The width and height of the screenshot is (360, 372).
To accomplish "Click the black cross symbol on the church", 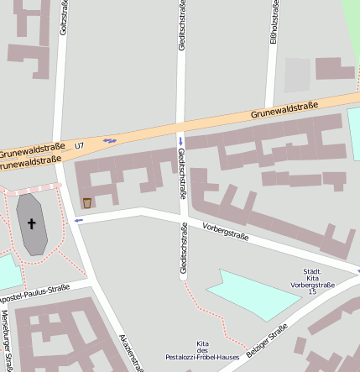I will [x=33, y=224].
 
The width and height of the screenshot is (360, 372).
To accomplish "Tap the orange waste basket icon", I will [x=87, y=202].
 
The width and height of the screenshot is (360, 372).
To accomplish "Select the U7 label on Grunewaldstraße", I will [x=80, y=146].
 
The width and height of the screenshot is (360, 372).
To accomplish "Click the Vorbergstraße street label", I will [x=226, y=230].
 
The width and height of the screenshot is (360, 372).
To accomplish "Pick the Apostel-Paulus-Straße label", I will [x=34, y=295].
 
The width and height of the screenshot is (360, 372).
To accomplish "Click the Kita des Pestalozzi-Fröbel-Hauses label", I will [x=202, y=351].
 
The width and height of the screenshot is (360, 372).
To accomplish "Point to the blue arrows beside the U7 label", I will [x=109, y=140].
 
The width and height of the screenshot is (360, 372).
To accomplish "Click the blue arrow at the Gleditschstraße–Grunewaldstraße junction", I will [x=180, y=140].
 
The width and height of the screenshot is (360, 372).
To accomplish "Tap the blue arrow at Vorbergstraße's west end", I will [x=79, y=220].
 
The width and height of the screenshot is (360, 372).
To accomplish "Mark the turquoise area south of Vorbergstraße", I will [x=252, y=294].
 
